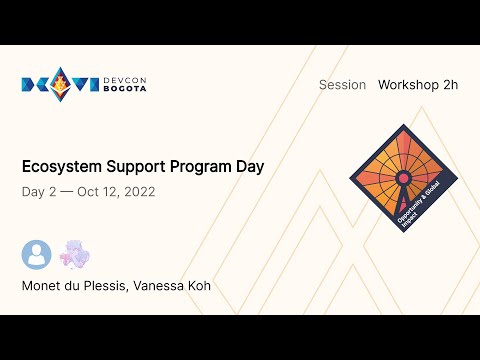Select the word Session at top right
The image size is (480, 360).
pos(342,85)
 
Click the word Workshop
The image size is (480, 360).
pos(408,85)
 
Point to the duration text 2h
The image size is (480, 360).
pos(449,85)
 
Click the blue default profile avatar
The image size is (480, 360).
pos(36,255)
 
